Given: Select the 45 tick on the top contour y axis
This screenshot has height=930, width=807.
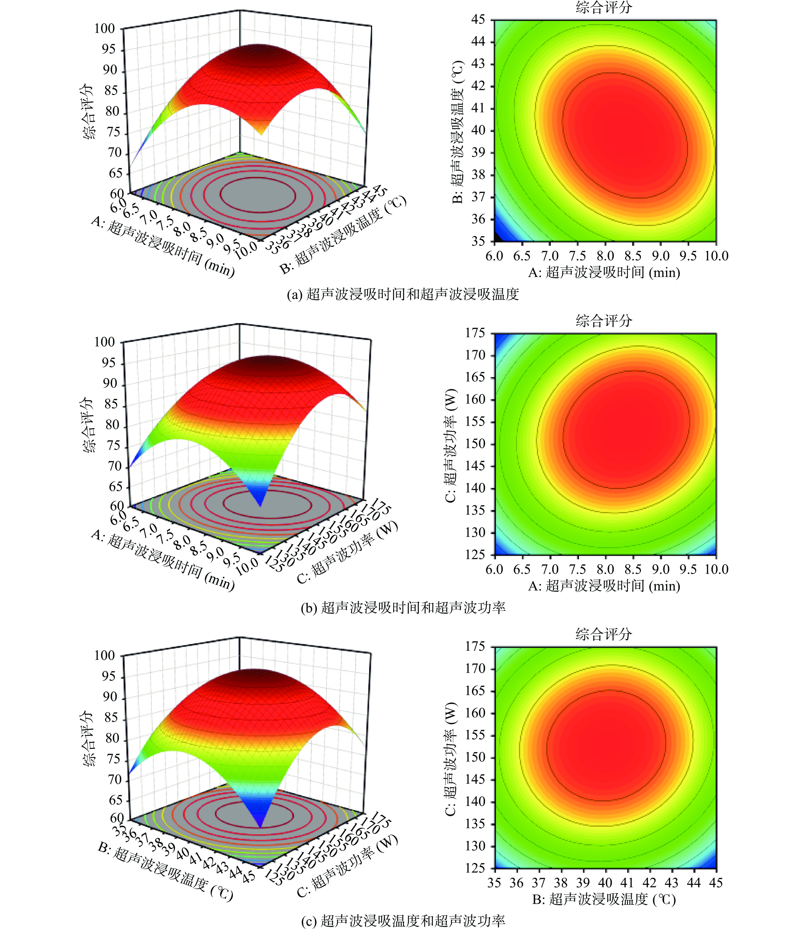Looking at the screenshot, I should tap(478, 19).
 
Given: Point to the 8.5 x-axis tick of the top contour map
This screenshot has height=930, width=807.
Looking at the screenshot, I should tap(633, 256).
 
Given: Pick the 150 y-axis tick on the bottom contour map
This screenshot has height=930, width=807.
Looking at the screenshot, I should tap(475, 757).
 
